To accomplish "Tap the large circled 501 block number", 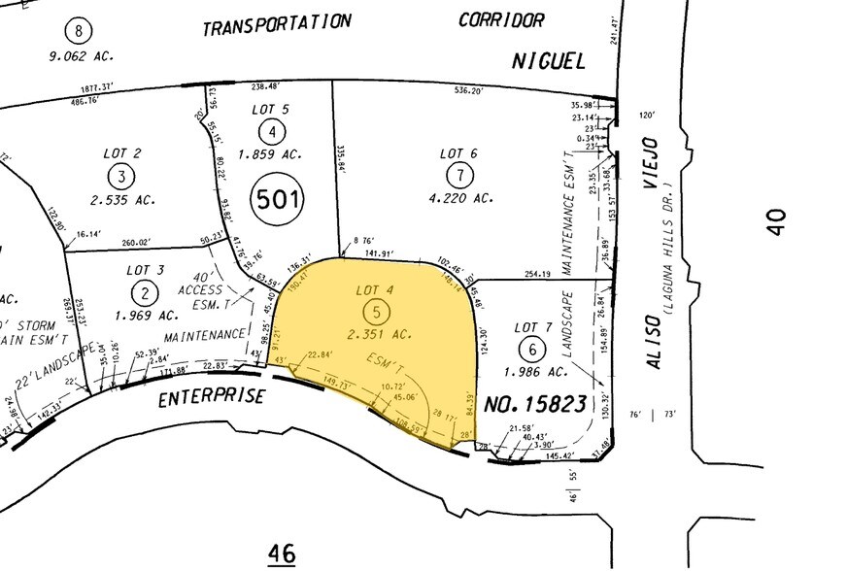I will (x=277, y=201).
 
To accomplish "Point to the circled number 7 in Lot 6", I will (x=458, y=175).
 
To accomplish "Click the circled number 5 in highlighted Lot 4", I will (x=374, y=312).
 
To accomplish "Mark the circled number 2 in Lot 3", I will (x=147, y=291).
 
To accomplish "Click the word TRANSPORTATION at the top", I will (x=276, y=24).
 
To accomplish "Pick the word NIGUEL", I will (x=549, y=62).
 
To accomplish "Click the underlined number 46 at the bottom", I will (x=282, y=553).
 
